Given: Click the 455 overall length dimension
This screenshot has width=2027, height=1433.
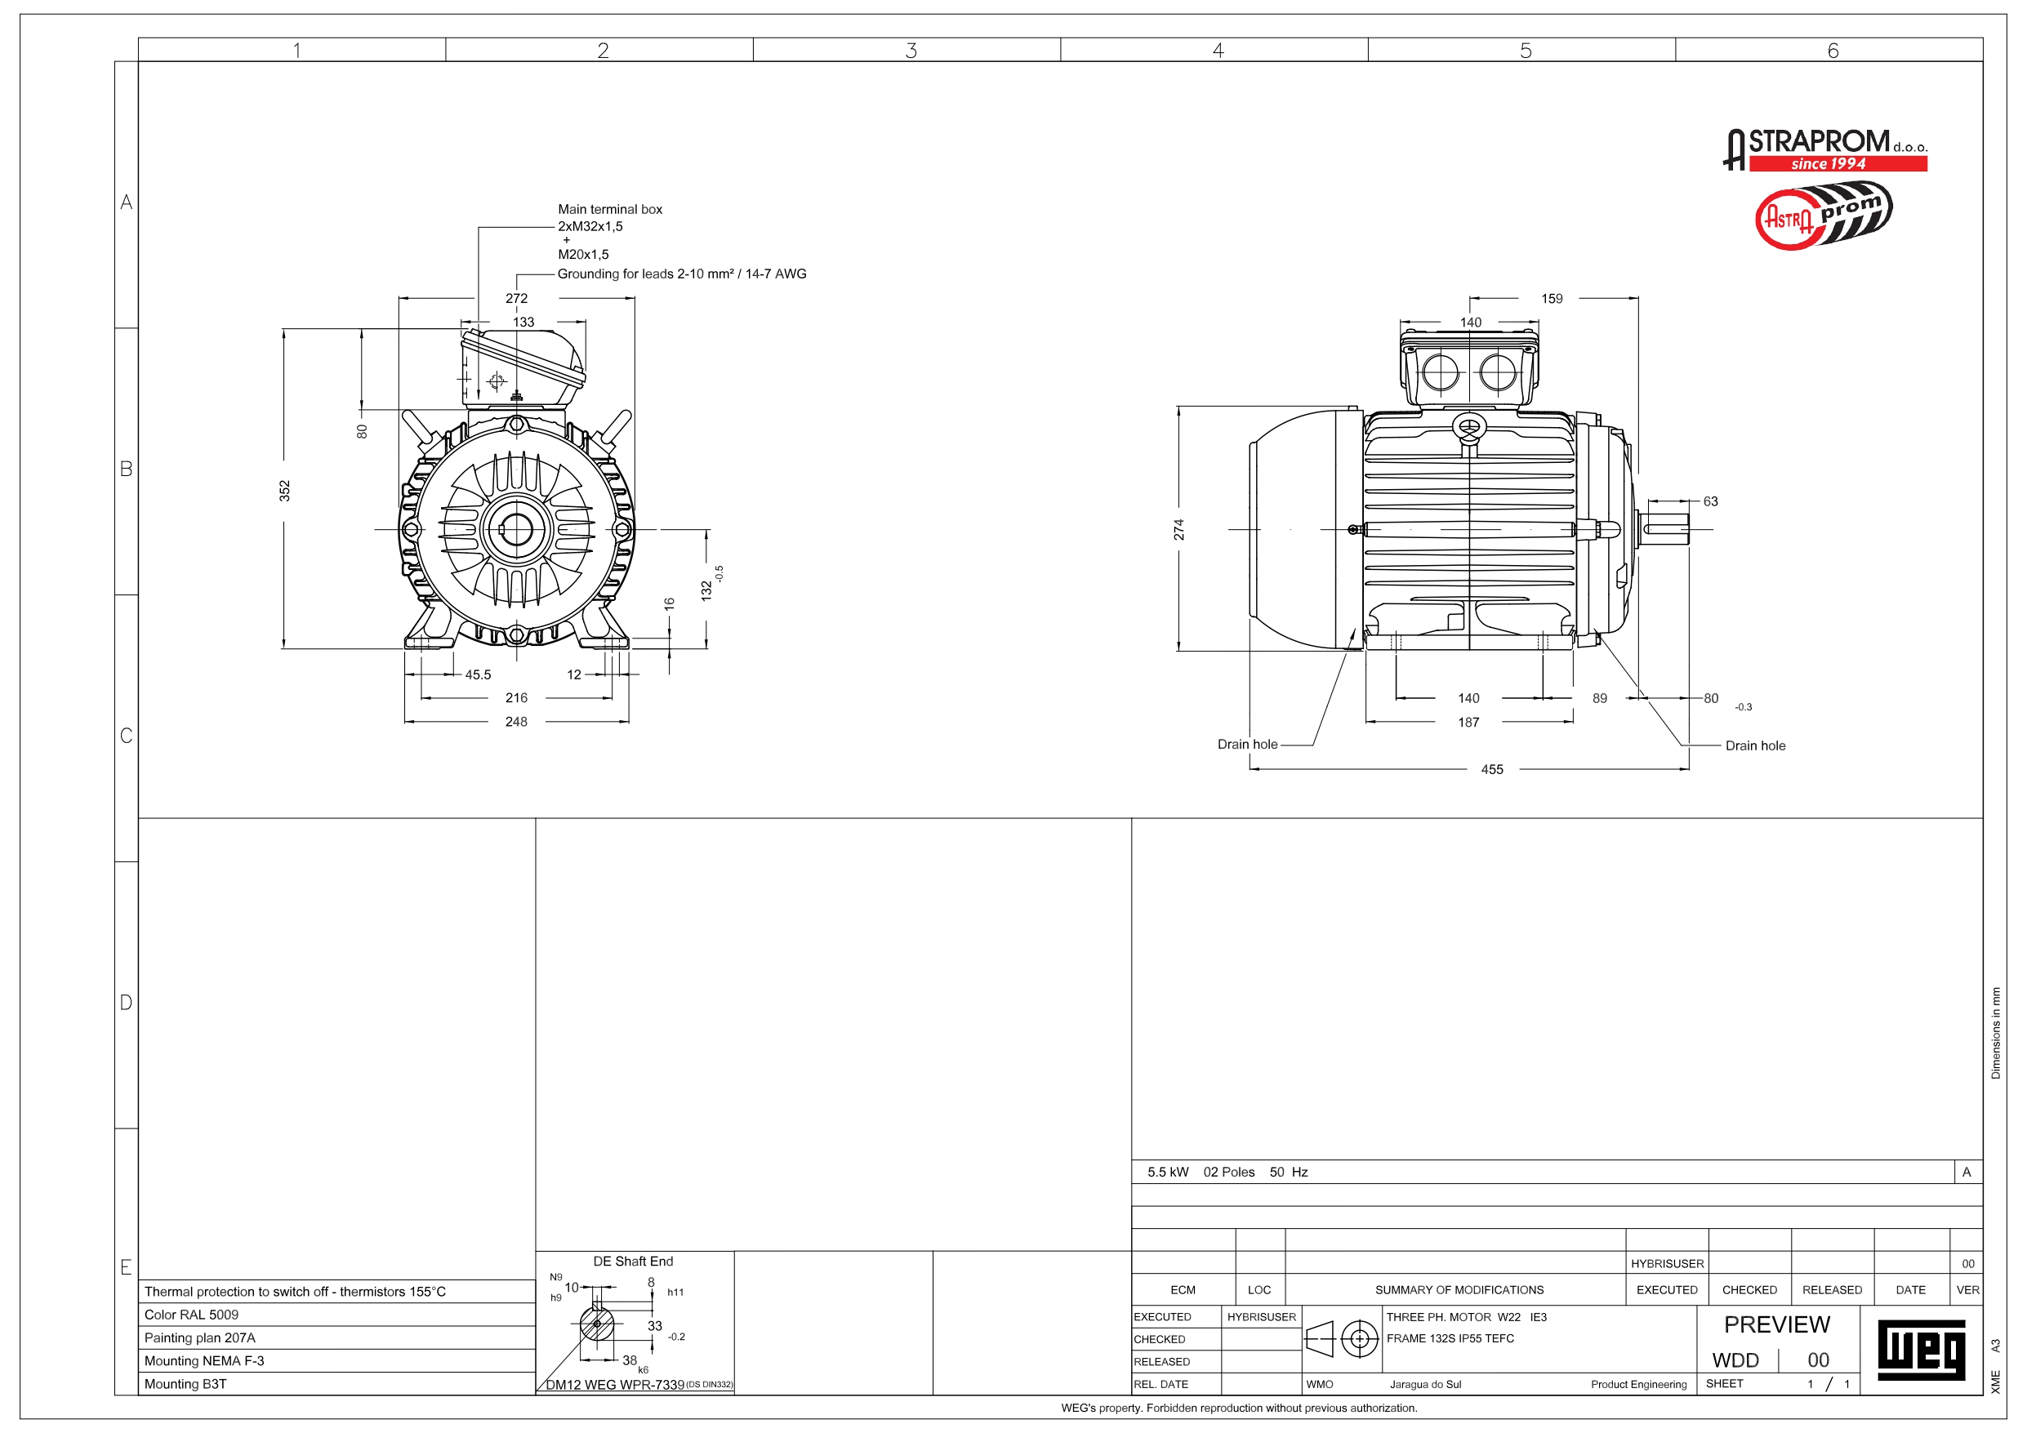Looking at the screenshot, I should coord(1491,769).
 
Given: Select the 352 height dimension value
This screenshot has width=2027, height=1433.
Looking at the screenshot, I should coord(284,490).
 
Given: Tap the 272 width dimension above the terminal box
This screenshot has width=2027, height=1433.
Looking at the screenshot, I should coord(516,298).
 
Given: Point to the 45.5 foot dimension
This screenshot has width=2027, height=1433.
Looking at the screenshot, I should coord(478,674).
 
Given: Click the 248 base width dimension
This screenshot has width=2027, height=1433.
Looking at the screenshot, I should coord(516,721).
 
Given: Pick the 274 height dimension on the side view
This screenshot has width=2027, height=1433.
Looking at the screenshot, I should coord(1179,530).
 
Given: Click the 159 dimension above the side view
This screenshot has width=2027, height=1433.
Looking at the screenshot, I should coord(1551,298).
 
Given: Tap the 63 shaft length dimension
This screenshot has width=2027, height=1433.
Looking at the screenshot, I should coord(1710,501).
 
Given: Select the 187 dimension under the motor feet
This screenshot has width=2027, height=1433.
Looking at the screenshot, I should coord(1468,723).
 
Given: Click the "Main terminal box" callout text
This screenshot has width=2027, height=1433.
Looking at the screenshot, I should coord(609,209).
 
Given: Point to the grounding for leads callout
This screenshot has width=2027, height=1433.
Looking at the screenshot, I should coord(682,274).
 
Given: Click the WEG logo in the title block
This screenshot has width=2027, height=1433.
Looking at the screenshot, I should coord(1921,1349).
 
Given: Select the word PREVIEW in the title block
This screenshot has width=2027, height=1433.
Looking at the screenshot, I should coord(1776,1324).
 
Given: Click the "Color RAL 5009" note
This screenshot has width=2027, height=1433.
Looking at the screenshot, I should coord(192,1315).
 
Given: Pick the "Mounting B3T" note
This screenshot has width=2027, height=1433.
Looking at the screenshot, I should coord(185,1383).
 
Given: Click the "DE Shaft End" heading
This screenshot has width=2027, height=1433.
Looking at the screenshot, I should coord(633,1261).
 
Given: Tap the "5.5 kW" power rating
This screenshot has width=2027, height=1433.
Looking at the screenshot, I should coord(1167,1172).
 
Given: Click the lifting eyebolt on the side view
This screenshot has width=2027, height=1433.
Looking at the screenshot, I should coord(1469,428).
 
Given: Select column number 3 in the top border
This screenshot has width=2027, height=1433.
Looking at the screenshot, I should coord(911,51).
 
